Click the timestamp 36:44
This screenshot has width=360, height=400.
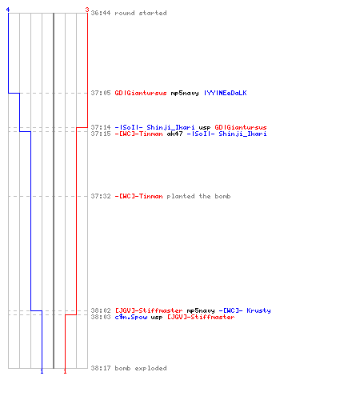pyautogui.click(x=101, y=13)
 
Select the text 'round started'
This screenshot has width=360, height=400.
pyautogui.click(x=141, y=13)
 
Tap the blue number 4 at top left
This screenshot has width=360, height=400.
pyautogui.click(x=8, y=10)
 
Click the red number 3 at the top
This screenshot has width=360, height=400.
pyautogui.click(x=87, y=10)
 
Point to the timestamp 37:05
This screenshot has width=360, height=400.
pyautogui.click(x=101, y=93)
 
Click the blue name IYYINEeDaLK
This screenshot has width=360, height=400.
pyautogui.click(x=226, y=93)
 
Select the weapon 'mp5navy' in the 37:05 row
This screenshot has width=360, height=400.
pyautogui.click(x=185, y=93)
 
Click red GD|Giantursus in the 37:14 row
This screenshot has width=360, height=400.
pyautogui.click(x=241, y=127)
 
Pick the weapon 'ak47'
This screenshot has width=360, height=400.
pyautogui.click(x=174, y=134)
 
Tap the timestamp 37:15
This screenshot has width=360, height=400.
pyautogui.click(x=101, y=134)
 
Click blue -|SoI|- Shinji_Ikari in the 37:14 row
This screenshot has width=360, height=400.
pyautogui.click(x=154, y=127)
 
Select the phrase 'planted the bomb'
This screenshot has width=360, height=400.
pyautogui.click(x=198, y=196)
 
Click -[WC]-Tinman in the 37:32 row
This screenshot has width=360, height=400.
pyautogui.click(x=138, y=196)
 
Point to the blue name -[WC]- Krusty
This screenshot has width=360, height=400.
pyautogui.click(x=245, y=310)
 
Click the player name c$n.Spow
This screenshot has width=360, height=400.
pyautogui.click(x=131, y=317)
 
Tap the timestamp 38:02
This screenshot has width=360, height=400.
pyautogui.click(x=101, y=310)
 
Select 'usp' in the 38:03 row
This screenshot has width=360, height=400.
pyautogui.click(x=157, y=318)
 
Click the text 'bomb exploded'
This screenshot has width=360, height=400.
pyautogui.click(x=141, y=368)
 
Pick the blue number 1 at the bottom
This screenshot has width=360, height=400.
pyautogui.click(x=42, y=371)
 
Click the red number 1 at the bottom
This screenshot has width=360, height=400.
pyautogui.click(x=65, y=371)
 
